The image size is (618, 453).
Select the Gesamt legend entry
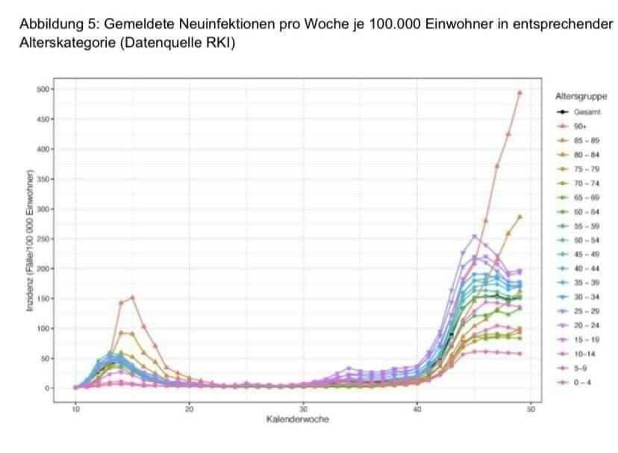click(582, 112)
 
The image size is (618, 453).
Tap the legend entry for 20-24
click(582, 325)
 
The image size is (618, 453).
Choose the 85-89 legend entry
click(582, 140)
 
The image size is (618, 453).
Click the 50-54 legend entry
click(582, 240)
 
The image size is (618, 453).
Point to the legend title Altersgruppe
click(581, 96)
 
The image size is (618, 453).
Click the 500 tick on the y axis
click(43, 90)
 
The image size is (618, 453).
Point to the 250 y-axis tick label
click(43, 239)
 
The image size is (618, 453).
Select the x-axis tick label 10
click(76, 409)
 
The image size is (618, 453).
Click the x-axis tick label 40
click(417, 409)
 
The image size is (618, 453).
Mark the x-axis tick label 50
click(531, 409)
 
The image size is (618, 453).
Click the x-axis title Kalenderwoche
click(297, 419)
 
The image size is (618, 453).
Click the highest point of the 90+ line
click(519, 93)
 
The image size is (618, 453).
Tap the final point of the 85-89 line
click(519, 216)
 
